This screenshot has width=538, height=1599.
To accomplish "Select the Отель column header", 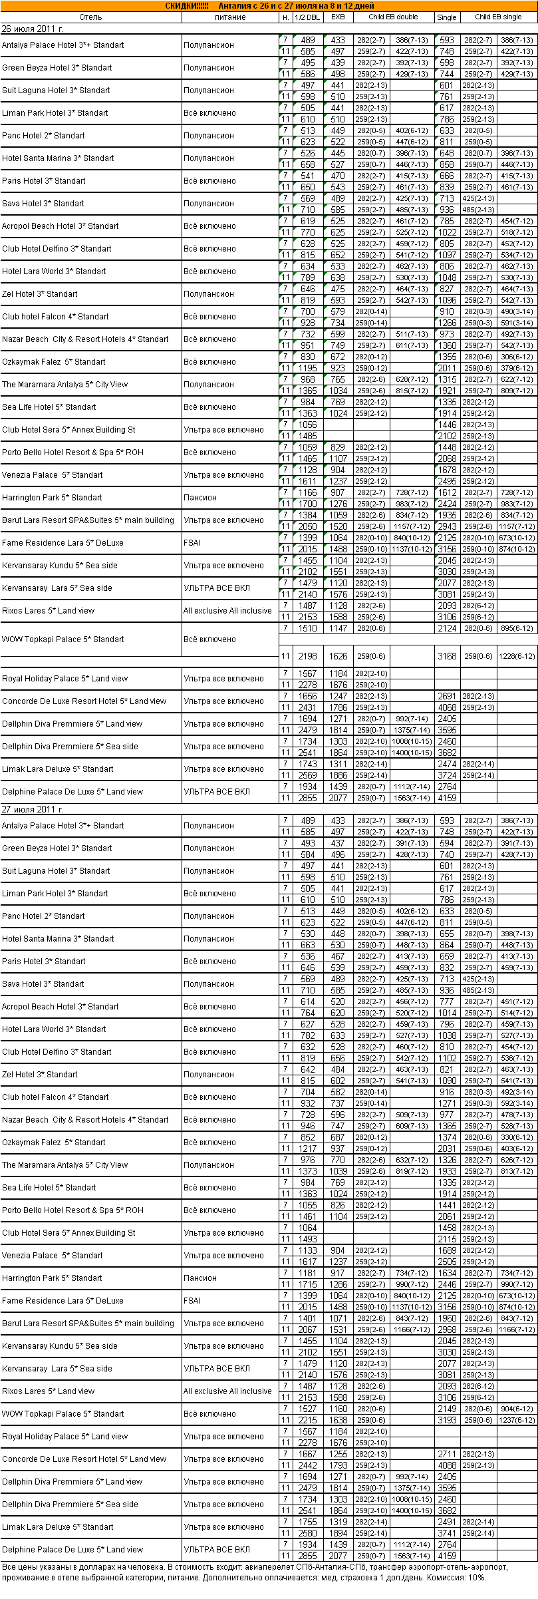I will click(90, 17).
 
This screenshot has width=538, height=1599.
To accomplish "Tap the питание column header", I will click(230, 17).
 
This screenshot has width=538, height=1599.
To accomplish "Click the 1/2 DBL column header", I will click(307, 17).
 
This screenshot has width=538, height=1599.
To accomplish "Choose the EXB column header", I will click(338, 17).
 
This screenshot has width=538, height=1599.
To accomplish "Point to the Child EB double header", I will click(393, 17).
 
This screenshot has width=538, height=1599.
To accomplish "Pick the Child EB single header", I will click(498, 17).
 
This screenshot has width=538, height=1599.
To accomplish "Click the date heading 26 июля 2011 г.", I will click(33, 29).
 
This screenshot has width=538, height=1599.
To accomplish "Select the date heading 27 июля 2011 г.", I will click(33, 810).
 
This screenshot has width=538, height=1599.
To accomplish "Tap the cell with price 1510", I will click(307, 628).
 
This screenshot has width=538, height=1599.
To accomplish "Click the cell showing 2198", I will click(307, 656).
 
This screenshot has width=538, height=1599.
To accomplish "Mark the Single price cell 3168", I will click(447, 656).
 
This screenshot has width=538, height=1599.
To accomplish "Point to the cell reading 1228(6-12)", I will click(516, 656).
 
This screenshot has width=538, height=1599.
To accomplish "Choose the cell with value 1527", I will click(307, 1409).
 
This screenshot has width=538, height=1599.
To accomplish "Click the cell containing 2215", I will click(307, 1420).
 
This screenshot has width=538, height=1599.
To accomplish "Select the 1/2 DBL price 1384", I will click(307, 515).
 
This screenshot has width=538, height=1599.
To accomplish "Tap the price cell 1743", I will click(307, 764).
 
